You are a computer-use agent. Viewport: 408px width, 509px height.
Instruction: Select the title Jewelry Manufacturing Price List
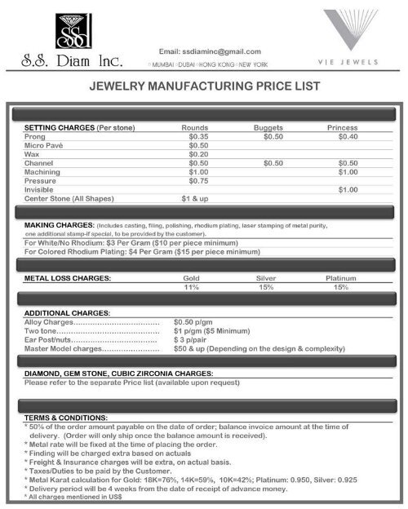[x=204, y=85]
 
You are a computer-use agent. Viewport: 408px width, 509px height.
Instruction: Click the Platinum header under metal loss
[x=341, y=278]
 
